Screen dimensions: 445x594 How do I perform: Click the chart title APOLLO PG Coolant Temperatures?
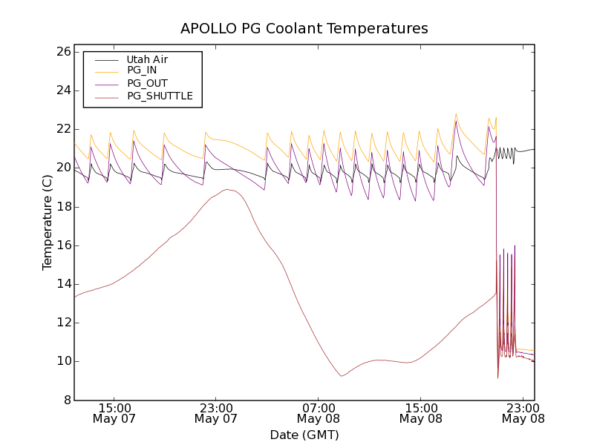click(304, 29)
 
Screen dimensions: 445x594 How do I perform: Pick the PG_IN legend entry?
click(142, 70)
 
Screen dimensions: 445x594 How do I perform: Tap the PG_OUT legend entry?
click(147, 83)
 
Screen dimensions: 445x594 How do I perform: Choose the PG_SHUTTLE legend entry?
click(160, 96)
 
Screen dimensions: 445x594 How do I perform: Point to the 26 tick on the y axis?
click(62, 52)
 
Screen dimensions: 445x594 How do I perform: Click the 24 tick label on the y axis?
click(62, 90)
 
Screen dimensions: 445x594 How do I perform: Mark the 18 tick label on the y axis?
click(62, 207)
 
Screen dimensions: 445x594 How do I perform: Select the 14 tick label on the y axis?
click(62, 284)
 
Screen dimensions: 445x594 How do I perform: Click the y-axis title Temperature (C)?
click(48, 222)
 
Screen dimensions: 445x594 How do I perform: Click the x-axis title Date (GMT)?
click(304, 435)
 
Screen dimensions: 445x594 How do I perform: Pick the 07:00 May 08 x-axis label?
click(319, 413)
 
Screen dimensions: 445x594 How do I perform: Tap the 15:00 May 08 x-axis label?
click(421, 413)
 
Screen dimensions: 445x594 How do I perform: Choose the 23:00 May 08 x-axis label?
click(523, 413)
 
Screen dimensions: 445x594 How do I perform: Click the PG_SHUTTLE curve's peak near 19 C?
click(227, 189)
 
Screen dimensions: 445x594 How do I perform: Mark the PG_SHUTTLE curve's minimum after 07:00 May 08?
click(342, 376)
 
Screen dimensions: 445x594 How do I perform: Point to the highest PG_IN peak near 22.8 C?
click(456, 114)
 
